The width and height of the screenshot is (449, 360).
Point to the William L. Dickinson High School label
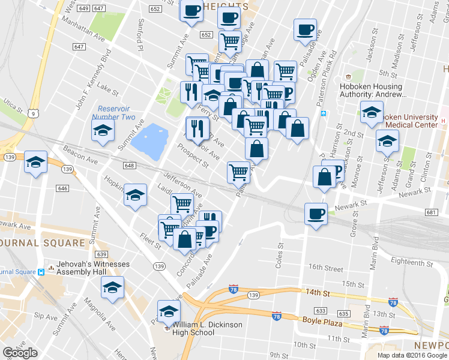click(207, 328)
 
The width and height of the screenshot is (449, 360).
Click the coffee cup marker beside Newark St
click(316, 214)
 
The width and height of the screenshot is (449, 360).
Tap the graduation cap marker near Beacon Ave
click(36, 162)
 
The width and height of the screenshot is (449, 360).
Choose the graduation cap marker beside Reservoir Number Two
click(103, 130)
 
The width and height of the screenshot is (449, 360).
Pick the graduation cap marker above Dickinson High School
click(169, 311)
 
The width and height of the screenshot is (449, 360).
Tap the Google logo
click(20, 353)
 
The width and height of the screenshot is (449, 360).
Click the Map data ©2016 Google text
click(412, 355)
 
